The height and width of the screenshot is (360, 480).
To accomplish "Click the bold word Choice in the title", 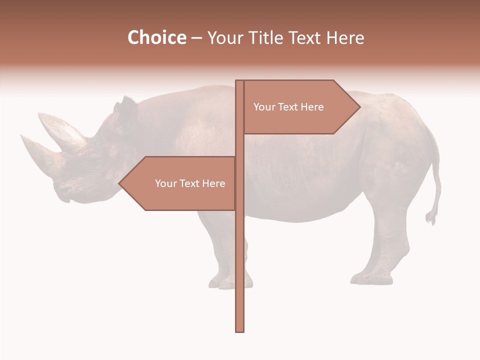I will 156,37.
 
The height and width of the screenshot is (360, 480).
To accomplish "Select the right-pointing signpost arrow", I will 300,107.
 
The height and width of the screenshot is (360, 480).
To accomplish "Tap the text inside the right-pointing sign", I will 288,107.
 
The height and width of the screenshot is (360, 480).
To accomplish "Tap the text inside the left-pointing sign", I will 190,183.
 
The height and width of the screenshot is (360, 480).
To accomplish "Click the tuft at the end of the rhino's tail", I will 430,217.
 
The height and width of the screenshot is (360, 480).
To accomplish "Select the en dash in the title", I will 196,37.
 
